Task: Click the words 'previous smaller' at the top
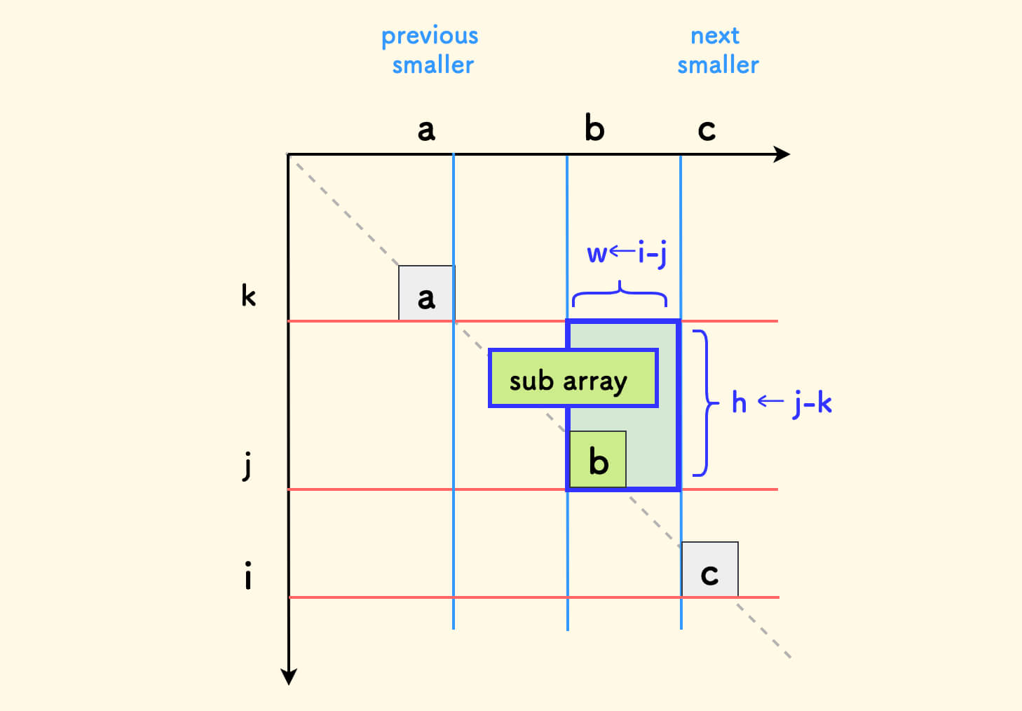430,50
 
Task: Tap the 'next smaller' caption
718,50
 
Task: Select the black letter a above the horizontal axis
426,130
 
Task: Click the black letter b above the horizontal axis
594,128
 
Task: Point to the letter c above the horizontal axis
707,130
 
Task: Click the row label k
249,295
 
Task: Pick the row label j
247,466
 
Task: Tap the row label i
247,575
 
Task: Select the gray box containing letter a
427,293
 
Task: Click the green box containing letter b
598,459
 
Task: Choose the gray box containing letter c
710,569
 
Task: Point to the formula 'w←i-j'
627,253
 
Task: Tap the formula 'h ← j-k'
782,403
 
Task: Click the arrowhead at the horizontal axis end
782,154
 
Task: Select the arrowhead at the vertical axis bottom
289,677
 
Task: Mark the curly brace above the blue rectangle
620,293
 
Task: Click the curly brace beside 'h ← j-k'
706,403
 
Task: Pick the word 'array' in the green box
595,382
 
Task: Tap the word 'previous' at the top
430,36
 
